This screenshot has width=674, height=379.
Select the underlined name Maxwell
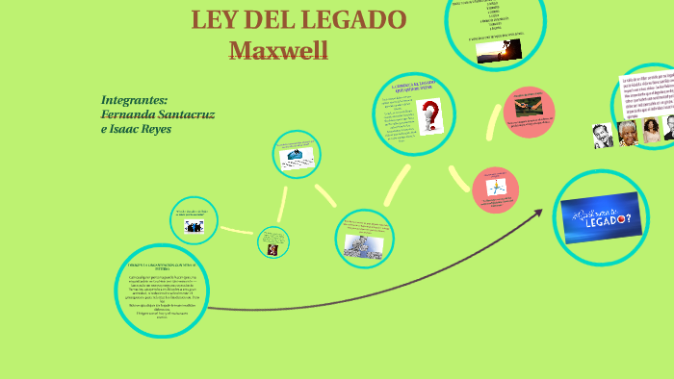tap(279, 50)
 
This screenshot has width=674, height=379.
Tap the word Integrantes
tap(134, 100)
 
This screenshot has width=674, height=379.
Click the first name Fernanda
tap(127, 114)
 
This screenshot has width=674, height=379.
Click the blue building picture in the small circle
tap(296, 157)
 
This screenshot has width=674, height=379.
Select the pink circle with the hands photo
tap(529, 106)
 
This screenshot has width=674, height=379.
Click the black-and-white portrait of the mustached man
tap(603, 135)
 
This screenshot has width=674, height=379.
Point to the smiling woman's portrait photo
tap(652, 130)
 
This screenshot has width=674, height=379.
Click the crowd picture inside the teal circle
tap(365, 243)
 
